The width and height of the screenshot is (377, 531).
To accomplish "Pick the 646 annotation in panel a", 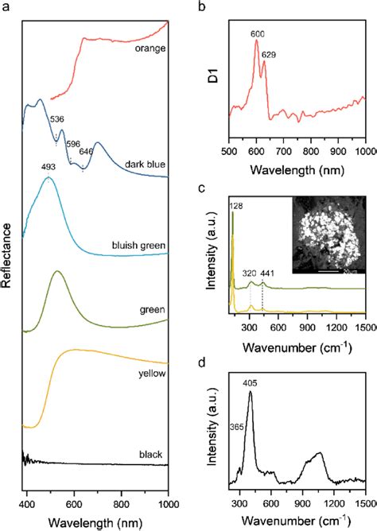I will (86, 150).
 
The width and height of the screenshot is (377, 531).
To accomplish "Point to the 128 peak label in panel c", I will (237, 206).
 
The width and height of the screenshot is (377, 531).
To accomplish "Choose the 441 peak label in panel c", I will (269, 273).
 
